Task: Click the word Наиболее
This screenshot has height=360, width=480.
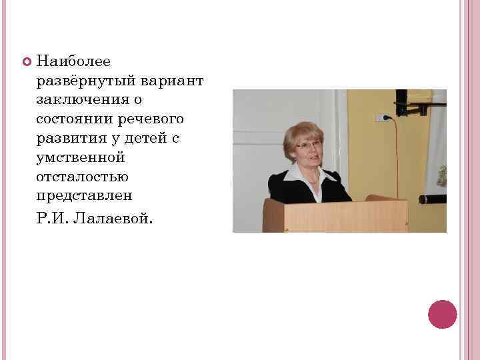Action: click(74, 61)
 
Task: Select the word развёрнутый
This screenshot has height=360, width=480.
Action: click(87, 81)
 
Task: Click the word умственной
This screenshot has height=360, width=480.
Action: click(81, 157)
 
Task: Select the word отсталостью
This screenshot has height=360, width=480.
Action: click(83, 177)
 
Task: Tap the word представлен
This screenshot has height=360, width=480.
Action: click(85, 196)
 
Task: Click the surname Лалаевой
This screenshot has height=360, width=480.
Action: click(117, 219)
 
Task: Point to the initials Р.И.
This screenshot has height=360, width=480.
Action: click(54, 219)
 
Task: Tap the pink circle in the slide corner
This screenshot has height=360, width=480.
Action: click(442, 314)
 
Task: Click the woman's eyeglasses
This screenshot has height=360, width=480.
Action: click(308, 145)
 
